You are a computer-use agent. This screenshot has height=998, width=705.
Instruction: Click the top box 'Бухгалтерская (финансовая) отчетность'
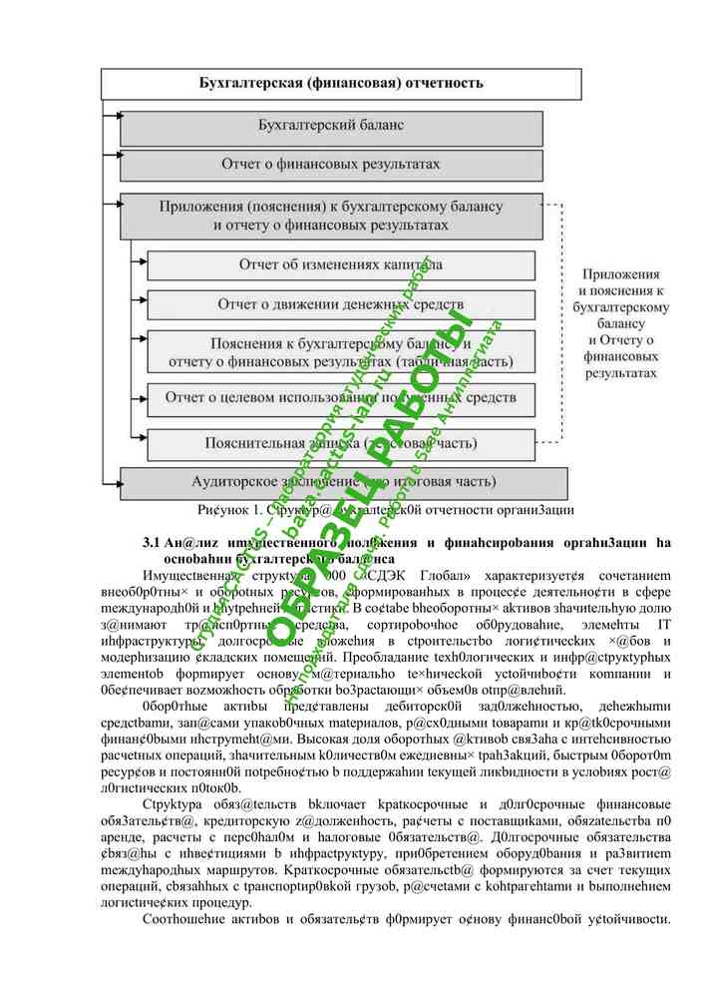click(x=341, y=83)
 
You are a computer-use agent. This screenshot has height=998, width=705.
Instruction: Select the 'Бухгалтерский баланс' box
click(x=331, y=128)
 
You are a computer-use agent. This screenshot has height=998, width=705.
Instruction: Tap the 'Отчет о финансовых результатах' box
click(x=331, y=164)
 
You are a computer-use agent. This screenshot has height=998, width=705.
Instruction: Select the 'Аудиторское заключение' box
click(x=331, y=481)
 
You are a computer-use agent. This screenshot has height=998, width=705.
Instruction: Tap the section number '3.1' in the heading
click(x=152, y=543)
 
